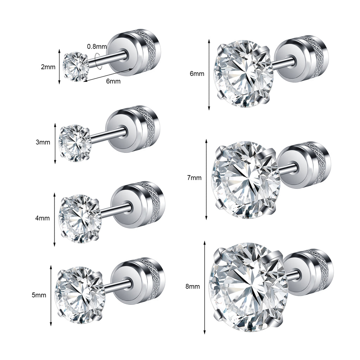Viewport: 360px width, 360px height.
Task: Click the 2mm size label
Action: [48, 67]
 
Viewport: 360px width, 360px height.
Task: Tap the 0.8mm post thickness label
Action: [97, 47]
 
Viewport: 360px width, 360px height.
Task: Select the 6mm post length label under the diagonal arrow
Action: [113, 81]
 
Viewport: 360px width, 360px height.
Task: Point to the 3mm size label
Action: [43, 142]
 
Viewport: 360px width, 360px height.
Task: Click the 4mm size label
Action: [43, 218]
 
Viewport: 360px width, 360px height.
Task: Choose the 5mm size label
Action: [39, 295]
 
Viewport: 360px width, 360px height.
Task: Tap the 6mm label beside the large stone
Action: [197, 74]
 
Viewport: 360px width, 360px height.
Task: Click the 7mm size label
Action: [194, 178]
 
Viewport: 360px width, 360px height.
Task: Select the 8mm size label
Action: [193, 287]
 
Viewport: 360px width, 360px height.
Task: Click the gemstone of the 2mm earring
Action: [76, 67]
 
